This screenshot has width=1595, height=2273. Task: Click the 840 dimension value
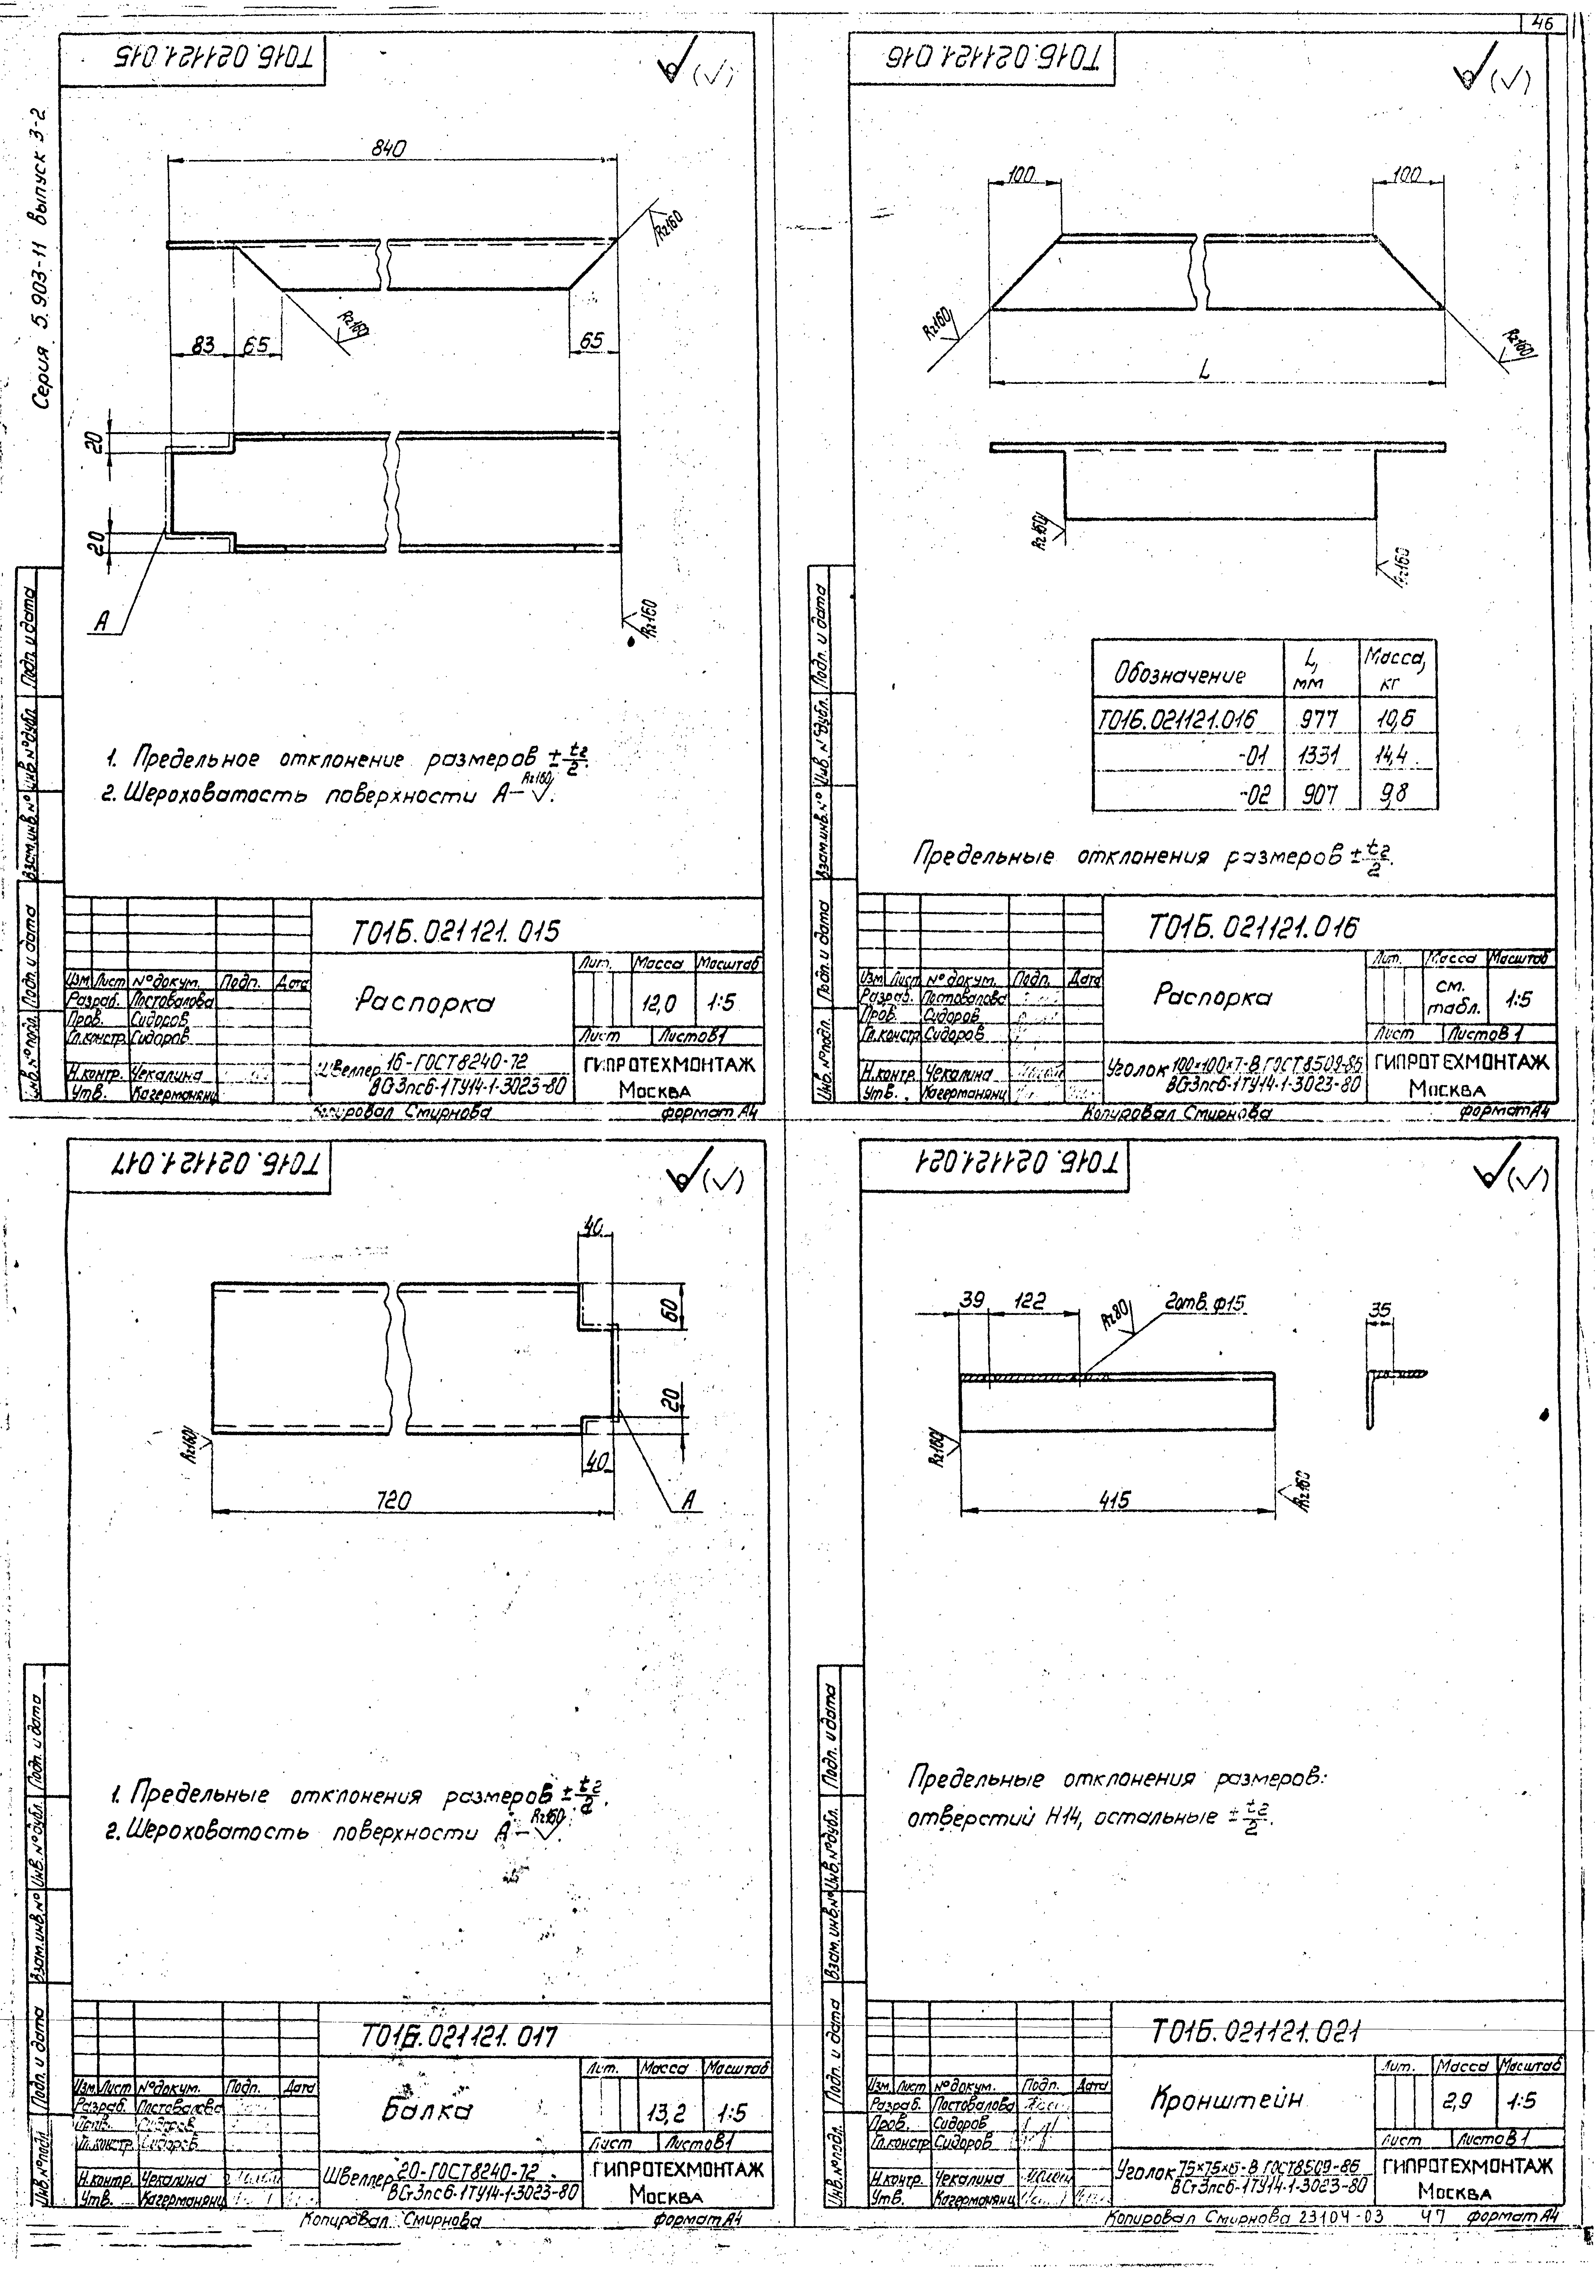click(x=389, y=148)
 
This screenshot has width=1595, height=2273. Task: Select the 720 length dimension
click(x=394, y=1500)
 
